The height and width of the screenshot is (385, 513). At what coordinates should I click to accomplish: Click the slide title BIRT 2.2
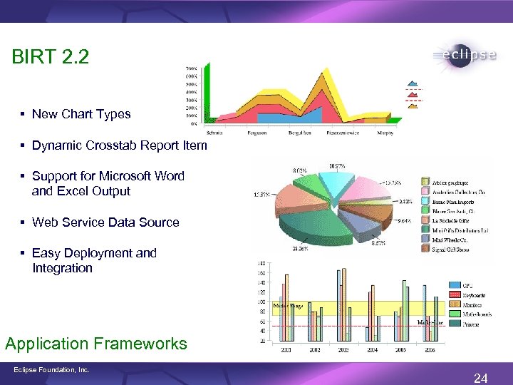pyautogui.click(x=51, y=57)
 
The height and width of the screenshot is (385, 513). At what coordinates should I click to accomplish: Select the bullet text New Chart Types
pyautogui.click(x=81, y=114)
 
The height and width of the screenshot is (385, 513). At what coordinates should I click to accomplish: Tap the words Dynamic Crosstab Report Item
pyautogui.click(x=120, y=145)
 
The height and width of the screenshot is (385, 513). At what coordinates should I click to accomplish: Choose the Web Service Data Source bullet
pyautogui.click(x=105, y=222)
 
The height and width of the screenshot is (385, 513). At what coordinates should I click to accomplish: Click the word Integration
pyautogui.click(x=62, y=268)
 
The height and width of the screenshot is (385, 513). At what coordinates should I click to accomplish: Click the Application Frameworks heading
pyautogui.click(x=96, y=344)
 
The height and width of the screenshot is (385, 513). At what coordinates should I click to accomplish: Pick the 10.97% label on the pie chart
pyautogui.click(x=338, y=165)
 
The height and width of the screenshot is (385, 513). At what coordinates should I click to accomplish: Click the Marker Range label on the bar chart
pyautogui.click(x=288, y=306)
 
